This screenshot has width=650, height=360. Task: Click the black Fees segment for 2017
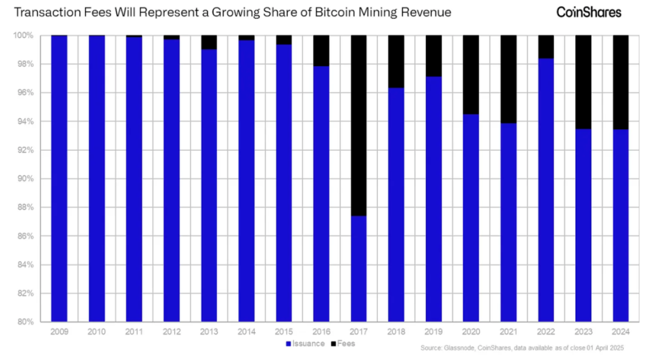[x=358, y=125]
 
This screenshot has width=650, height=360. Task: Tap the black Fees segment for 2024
[x=620, y=82]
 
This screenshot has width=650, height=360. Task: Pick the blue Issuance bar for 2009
[x=59, y=179]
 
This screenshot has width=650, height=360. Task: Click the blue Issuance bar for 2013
[x=209, y=184]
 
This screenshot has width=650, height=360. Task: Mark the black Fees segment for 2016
[x=321, y=51]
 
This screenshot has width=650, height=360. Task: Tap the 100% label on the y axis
[x=24, y=36]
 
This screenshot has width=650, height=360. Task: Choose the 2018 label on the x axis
[x=396, y=332]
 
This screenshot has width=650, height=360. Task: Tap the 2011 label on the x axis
[x=134, y=332]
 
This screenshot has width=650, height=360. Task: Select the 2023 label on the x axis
[x=583, y=332]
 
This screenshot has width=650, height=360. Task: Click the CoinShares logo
[x=589, y=12]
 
